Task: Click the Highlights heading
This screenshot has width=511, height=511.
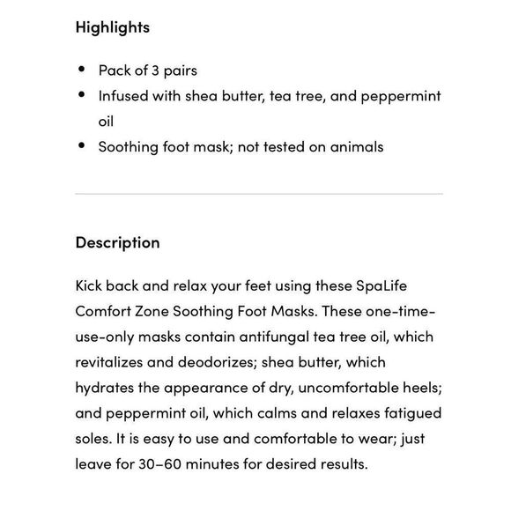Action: tap(112, 27)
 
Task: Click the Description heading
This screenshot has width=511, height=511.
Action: tap(117, 242)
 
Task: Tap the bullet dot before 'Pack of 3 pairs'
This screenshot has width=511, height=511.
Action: tap(82, 70)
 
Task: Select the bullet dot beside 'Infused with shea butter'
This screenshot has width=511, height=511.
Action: tap(82, 95)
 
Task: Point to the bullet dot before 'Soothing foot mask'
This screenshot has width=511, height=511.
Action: tap(82, 146)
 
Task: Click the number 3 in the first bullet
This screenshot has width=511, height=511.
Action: tap(160, 70)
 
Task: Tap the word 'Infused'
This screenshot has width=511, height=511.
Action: tap(123, 96)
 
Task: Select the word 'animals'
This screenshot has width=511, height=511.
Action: tap(357, 147)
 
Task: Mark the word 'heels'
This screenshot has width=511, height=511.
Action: tap(419, 388)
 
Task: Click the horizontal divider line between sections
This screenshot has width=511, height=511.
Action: tap(259, 194)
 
